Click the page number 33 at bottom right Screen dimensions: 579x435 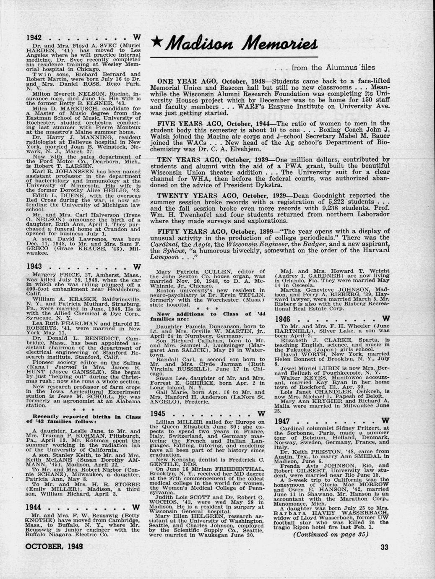pos(386,546)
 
